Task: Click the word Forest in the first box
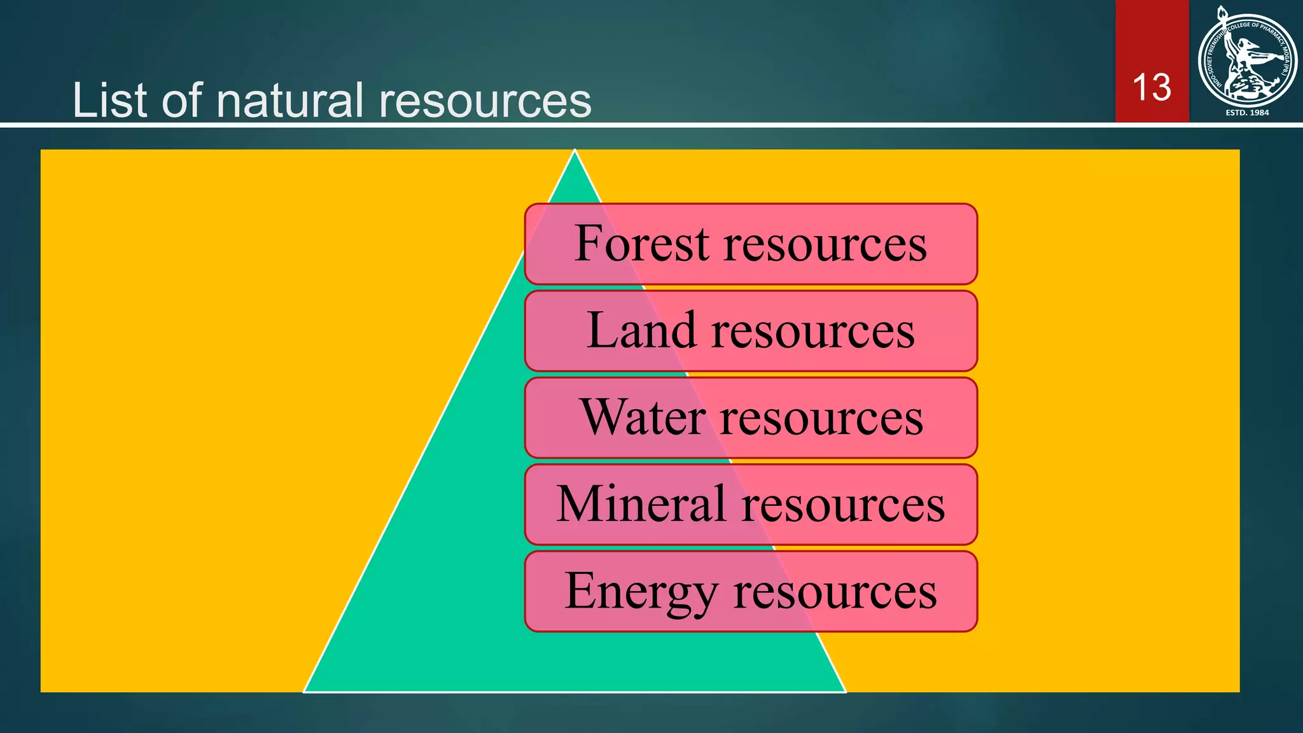641,244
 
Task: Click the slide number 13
1152,87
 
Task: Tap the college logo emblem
1247,60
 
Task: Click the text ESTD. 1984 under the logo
1247,113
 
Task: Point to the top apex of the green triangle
575,151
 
